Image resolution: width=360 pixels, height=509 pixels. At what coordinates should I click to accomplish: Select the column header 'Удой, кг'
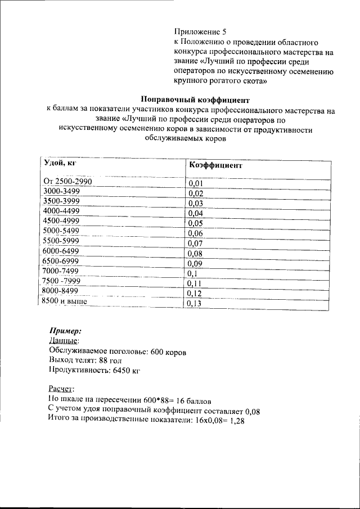click(x=60, y=163)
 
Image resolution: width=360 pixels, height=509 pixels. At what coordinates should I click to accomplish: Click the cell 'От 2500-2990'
click(x=67, y=181)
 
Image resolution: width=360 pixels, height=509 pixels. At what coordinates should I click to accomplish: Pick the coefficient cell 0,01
click(x=195, y=183)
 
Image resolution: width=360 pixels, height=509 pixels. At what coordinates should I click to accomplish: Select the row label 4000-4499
click(x=61, y=211)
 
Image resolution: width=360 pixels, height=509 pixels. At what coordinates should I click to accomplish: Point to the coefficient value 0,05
click(x=195, y=223)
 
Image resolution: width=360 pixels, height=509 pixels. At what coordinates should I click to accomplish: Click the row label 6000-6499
click(x=61, y=251)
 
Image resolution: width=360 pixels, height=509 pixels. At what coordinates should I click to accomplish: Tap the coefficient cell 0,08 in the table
click(x=195, y=254)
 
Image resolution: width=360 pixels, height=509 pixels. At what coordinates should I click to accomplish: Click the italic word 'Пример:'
click(x=66, y=331)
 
